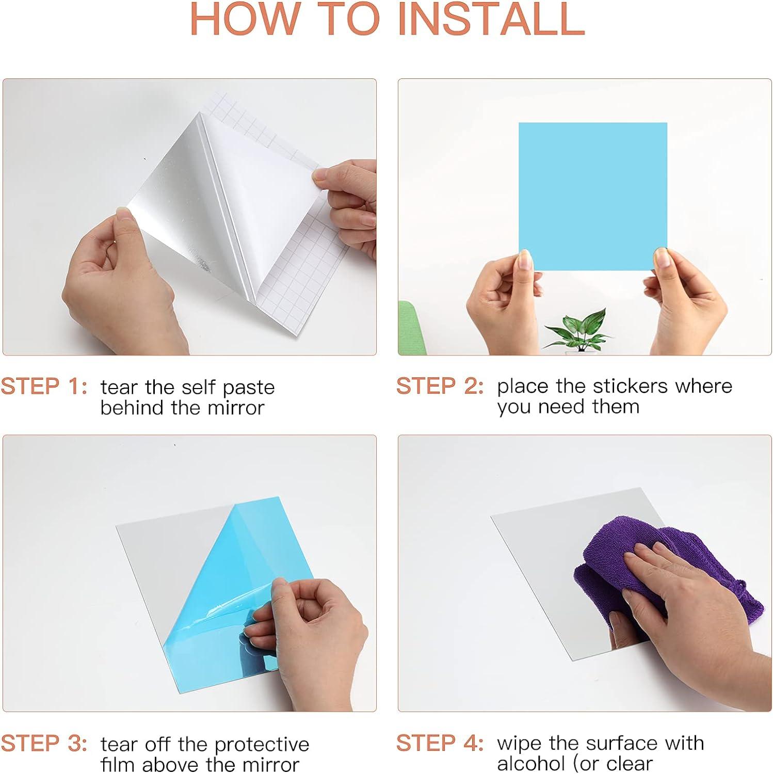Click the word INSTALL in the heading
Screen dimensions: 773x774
point(491,19)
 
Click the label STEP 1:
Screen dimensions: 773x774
point(44,386)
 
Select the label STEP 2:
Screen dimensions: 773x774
point(440,386)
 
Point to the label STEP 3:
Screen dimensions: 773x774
point(44,744)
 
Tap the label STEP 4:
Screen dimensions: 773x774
point(440,743)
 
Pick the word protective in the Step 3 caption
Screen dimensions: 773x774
point(262,745)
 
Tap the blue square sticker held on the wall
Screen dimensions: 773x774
point(593,197)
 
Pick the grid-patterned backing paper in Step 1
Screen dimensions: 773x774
point(289,217)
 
